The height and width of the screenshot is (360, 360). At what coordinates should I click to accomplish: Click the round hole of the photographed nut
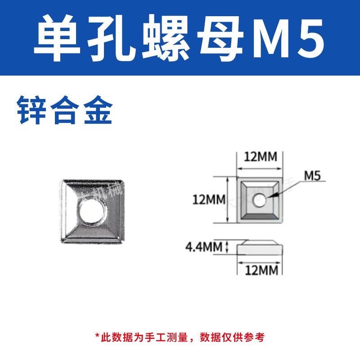tap(92, 211)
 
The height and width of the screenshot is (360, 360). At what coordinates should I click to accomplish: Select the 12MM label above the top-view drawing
tap(260, 157)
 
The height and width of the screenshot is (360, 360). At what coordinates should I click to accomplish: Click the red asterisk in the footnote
tap(97, 336)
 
